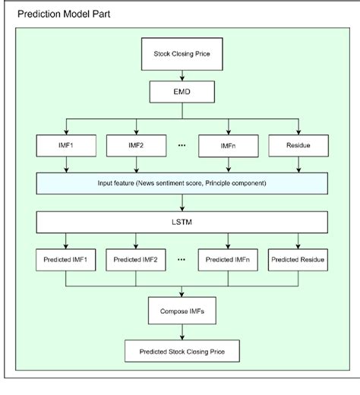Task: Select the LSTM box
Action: (x=180, y=221)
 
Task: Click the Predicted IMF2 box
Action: (x=135, y=260)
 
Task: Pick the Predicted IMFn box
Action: (x=226, y=260)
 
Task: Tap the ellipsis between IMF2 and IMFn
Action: (x=180, y=141)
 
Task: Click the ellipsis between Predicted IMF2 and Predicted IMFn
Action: (x=181, y=259)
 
